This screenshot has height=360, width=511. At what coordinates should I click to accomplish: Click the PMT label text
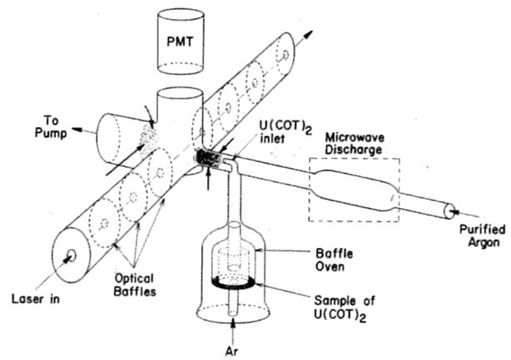tap(180, 42)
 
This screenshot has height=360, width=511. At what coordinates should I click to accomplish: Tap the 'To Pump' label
tap(51, 127)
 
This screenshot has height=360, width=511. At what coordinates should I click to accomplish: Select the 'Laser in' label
tap(36, 299)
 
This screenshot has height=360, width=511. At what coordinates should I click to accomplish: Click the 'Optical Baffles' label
tap(134, 285)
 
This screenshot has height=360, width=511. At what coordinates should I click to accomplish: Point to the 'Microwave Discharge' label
tap(355, 144)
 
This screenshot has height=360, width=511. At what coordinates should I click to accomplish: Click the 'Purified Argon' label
tap(483, 236)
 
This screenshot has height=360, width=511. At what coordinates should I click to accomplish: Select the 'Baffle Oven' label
tap(334, 260)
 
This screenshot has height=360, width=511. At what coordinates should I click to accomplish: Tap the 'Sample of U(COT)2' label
tap(345, 307)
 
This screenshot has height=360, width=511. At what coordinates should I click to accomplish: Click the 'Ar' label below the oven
tap(232, 351)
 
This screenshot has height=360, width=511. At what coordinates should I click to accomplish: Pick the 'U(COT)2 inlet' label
tap(286, 131)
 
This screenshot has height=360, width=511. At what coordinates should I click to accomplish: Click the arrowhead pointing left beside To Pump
tap(77, 129)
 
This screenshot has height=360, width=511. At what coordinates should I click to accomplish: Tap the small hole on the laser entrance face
tap(71, 256)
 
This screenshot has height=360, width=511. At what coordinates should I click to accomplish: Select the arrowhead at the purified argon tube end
tap(454, 212)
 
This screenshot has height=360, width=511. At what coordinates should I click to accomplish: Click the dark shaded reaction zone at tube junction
tap(208, 158)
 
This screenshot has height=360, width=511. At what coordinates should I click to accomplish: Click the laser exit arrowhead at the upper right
tap(308, 34)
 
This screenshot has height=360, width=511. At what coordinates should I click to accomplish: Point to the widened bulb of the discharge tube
tap(353, 190)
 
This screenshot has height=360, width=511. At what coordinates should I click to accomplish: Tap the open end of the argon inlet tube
tap(450, 211)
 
